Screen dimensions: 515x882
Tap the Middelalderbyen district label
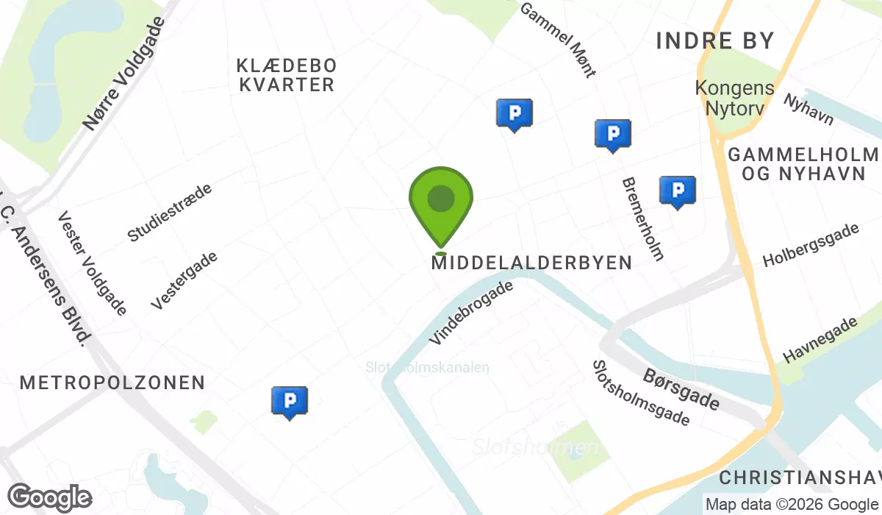click(x=531, y=263)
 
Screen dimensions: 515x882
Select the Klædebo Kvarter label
click(x=287, y=75)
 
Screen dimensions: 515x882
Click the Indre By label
click(x=715, y=40)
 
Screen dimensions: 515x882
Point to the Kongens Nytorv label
click(x=735, y=99)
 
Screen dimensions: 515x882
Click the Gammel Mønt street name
click(x=558, y=39)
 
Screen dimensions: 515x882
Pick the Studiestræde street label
click(x=170, y=213)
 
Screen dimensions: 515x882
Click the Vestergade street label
click(x=184, y=280)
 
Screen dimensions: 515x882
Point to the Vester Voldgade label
click(x=92, y=263)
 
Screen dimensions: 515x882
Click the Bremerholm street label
click(x=643, y=219)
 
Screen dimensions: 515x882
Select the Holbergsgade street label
click(x=811, y=246)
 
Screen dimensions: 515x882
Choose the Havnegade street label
click(x=821, y=340)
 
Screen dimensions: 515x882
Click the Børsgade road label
click(x=681, y=389)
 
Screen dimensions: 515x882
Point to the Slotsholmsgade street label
click(x=641, y=393)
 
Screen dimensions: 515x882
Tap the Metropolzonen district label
click(x=112, y=383)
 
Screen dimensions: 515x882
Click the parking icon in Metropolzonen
click(x=290, y=401)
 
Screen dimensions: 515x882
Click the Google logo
click(x=49, y=497)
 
